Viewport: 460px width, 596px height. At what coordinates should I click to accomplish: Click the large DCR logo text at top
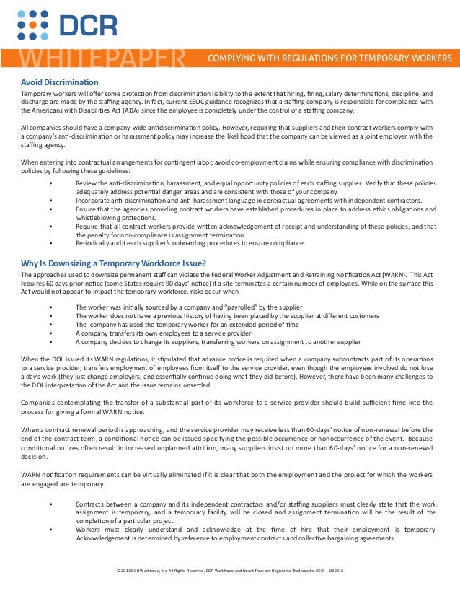point(87,26)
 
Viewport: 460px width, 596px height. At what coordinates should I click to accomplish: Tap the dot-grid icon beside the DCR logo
point(32,25)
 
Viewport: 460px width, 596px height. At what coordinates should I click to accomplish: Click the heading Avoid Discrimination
point(60,82)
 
